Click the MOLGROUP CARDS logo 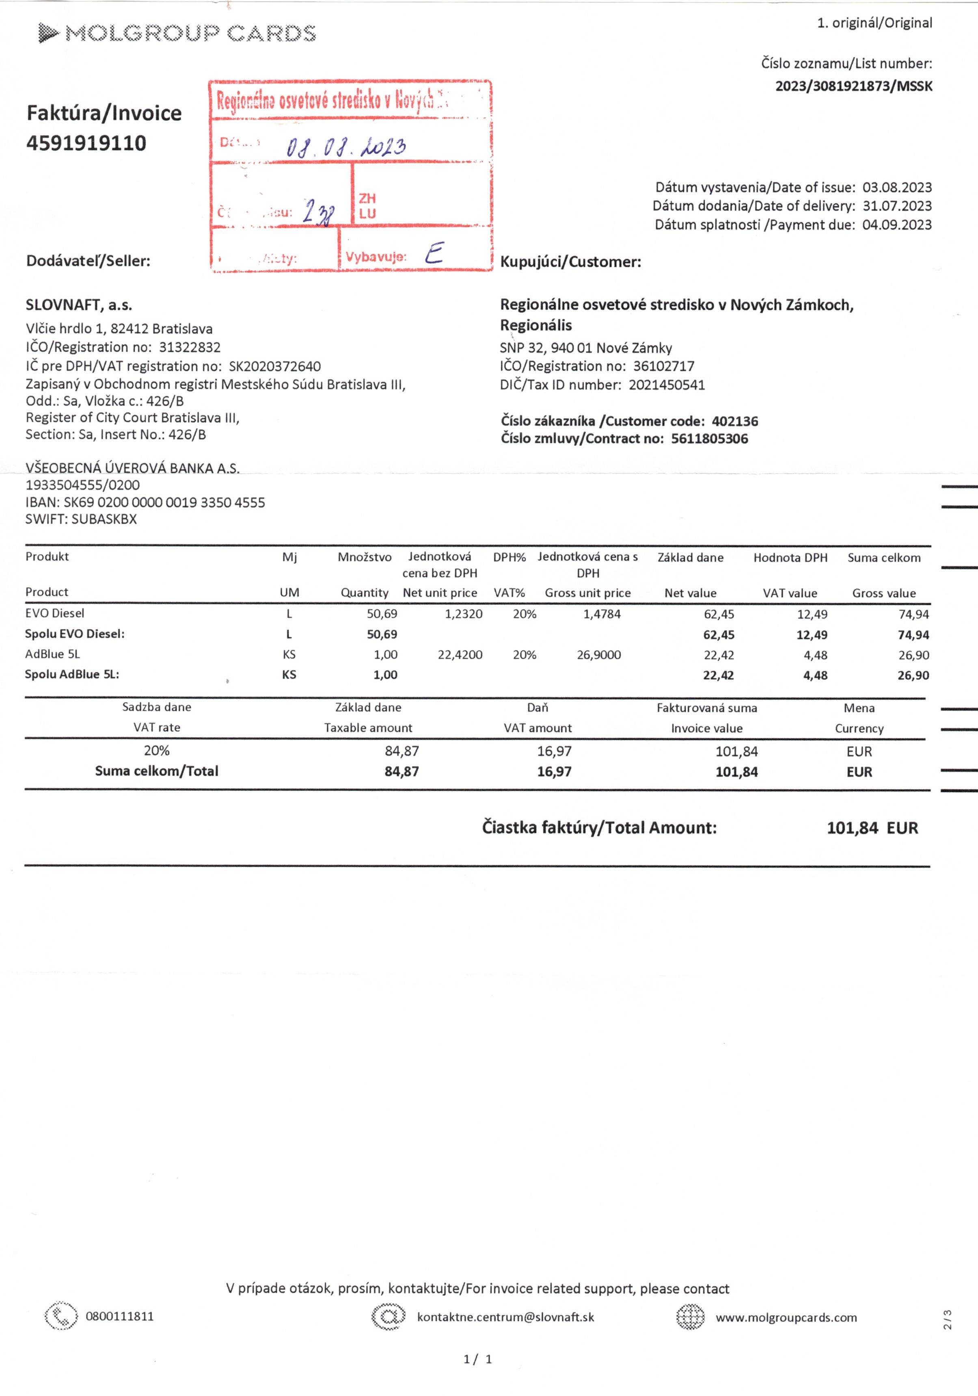[x=176, y=33]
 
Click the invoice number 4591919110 [x=86, y=143]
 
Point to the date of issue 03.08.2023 [x=896, y=187]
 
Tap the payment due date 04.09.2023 [x=896, y=225]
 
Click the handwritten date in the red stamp [x=345, y=147]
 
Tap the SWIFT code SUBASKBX [x=104, y=519]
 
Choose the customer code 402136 [x=734, y=421]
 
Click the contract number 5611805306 [x=709, y=439]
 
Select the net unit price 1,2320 [x=463, y=614]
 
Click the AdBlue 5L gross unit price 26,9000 [x=599, y=655]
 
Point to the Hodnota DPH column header [x=790, y=558]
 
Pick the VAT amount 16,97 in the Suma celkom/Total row [x=554, y=772]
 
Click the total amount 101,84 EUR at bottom [x=872, y=828]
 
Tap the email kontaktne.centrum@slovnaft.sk [x=505, y=1318]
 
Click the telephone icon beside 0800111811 [x=61, y=1317]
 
